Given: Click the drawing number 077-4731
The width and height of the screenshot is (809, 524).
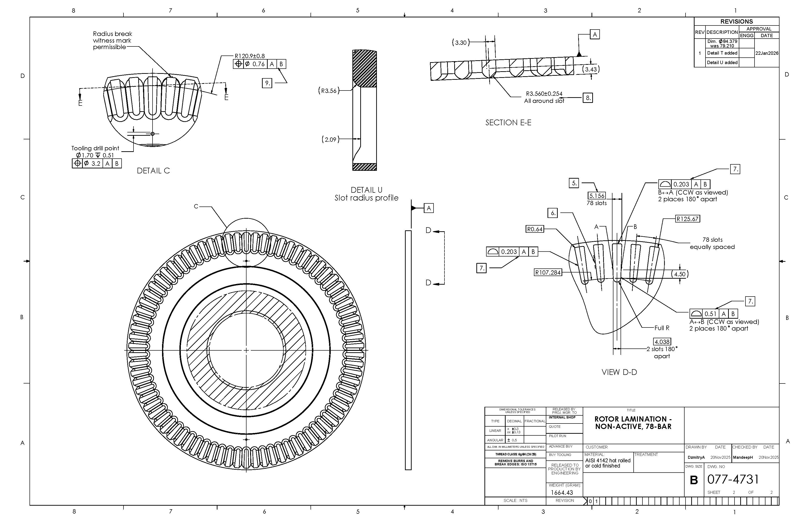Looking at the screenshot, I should [733, 479].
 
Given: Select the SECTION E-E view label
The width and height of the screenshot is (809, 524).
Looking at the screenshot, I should [508, 122].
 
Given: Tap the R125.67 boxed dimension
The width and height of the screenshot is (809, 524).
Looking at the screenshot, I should [687, 219].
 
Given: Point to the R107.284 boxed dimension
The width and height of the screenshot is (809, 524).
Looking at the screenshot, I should [548, 272].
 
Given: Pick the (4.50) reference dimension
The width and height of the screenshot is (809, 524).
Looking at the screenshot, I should [680, 274].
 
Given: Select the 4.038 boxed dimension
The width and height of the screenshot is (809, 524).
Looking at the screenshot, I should [662, 342].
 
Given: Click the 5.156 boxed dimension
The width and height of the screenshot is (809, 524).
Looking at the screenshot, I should [597, 196].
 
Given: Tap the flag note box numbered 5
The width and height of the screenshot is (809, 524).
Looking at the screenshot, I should [574, 183].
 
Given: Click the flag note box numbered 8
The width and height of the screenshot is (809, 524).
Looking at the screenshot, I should [588, 98].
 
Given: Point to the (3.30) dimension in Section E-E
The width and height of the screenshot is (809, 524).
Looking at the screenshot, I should [461, 43].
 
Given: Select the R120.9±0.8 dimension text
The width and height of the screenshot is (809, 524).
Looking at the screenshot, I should [250, 56].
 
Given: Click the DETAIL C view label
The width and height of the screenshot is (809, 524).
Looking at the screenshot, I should [153, 171].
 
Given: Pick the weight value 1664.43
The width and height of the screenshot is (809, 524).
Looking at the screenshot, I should [562, 492].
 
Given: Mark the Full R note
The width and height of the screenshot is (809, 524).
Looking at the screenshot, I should [662, 328].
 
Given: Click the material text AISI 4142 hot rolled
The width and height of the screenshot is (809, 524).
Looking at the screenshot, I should [608, 460].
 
